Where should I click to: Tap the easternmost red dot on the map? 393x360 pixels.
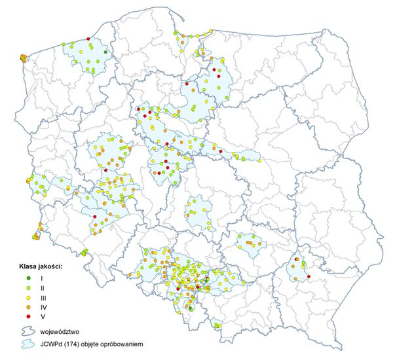click(309, 276)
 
